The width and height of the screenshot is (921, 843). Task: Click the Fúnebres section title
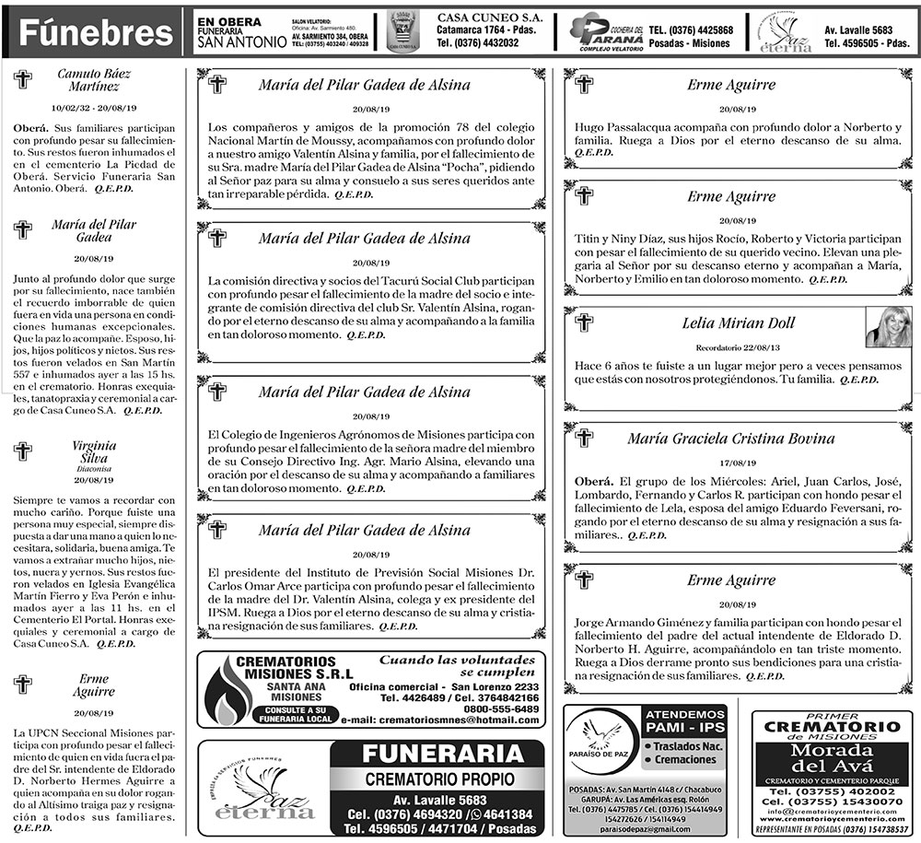click(x=96, y=35)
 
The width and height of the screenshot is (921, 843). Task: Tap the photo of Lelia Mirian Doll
click(x=888, y=326)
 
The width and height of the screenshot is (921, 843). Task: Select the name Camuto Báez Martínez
click(x=92, y=80)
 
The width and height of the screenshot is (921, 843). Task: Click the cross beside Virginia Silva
click(x=23, y=451)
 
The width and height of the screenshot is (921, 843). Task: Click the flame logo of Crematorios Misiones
click(x=224, y=690)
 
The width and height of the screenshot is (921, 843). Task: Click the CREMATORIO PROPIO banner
click(x=437, y=779)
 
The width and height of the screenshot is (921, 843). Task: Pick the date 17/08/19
click(x=739, y=463)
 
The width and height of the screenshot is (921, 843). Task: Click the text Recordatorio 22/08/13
click(x=738, y=347)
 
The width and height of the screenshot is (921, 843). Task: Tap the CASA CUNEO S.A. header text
click(x=488, y=18)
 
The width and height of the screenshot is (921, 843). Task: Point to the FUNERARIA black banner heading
click(x=437, y=754)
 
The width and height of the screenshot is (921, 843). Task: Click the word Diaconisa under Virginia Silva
click(x=93, y=468)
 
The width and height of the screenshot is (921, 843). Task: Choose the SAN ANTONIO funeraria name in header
click(x=240, y=41)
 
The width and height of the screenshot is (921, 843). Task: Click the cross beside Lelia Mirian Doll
click(x=583, y=322)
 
